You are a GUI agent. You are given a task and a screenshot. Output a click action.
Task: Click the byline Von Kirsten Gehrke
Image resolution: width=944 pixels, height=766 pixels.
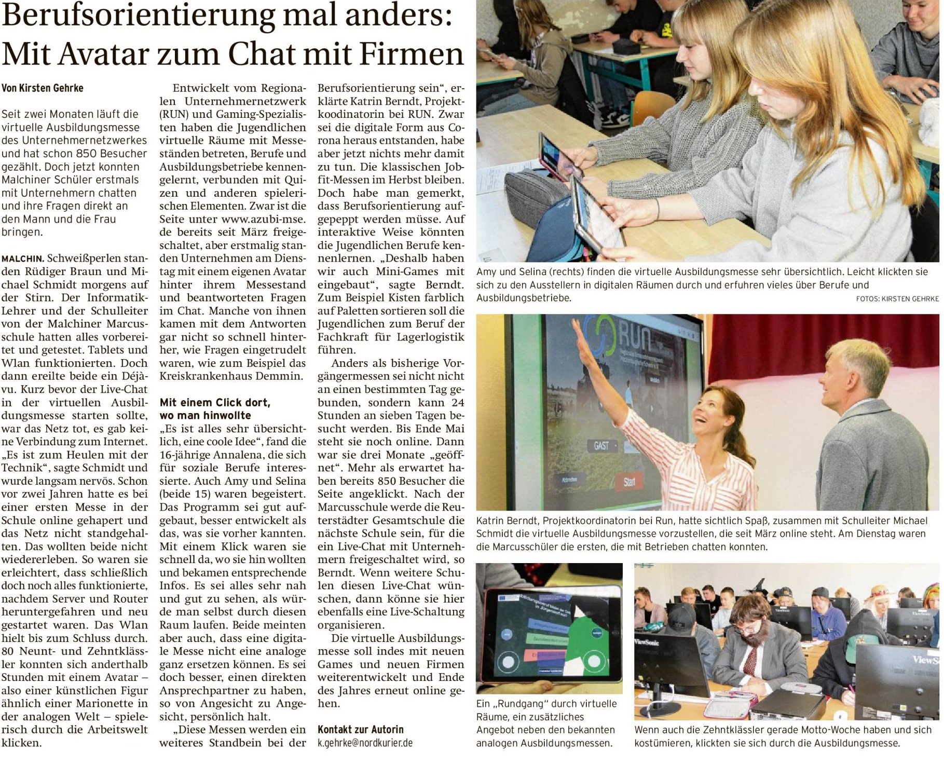42,88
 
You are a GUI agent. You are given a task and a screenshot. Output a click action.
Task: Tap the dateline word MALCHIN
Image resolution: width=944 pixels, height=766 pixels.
23,258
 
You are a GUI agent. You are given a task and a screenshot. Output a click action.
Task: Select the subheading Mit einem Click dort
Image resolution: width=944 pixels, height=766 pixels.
215,403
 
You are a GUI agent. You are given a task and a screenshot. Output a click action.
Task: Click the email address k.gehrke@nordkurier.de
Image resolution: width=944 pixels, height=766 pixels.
365,743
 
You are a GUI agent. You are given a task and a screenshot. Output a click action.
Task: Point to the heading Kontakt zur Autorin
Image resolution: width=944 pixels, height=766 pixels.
361,730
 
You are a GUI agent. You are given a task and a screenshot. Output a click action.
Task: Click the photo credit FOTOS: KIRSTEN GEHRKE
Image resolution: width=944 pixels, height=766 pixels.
897,298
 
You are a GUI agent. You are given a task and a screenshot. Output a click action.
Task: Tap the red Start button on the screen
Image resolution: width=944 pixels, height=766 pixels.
629,482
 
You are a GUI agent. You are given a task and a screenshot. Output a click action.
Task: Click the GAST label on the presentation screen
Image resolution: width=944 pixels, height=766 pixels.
601,445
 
